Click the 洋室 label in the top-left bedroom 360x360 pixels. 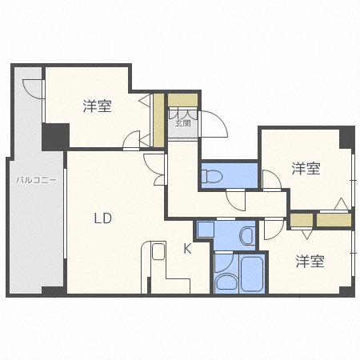click(x=97, y=106)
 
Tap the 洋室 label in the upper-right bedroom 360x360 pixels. click(x=306, y=169)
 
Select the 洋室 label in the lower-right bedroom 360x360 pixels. click(x=309, y=261)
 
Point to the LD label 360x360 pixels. click(x=102, y=218)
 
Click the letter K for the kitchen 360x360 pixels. click(x=186, y=249)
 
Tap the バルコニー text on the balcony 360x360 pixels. click(x=36, y=181)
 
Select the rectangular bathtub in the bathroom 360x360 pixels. click(x=252, y=275)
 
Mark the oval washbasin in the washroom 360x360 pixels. click(x=225, y=281)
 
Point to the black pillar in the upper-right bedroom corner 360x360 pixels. click(x=346, y=138)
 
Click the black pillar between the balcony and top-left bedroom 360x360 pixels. click(x=56, y=136)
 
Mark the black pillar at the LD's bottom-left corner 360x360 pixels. click(x=54, y=291)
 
